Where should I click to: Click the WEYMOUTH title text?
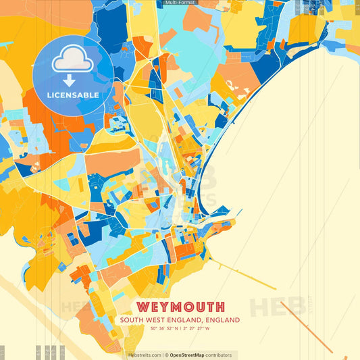(180, 307)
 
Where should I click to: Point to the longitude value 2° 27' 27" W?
(197, 329)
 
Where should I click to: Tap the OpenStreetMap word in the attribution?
(187, 355)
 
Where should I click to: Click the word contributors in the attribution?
(218, 355)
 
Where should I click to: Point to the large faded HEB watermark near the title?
(277, 307)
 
